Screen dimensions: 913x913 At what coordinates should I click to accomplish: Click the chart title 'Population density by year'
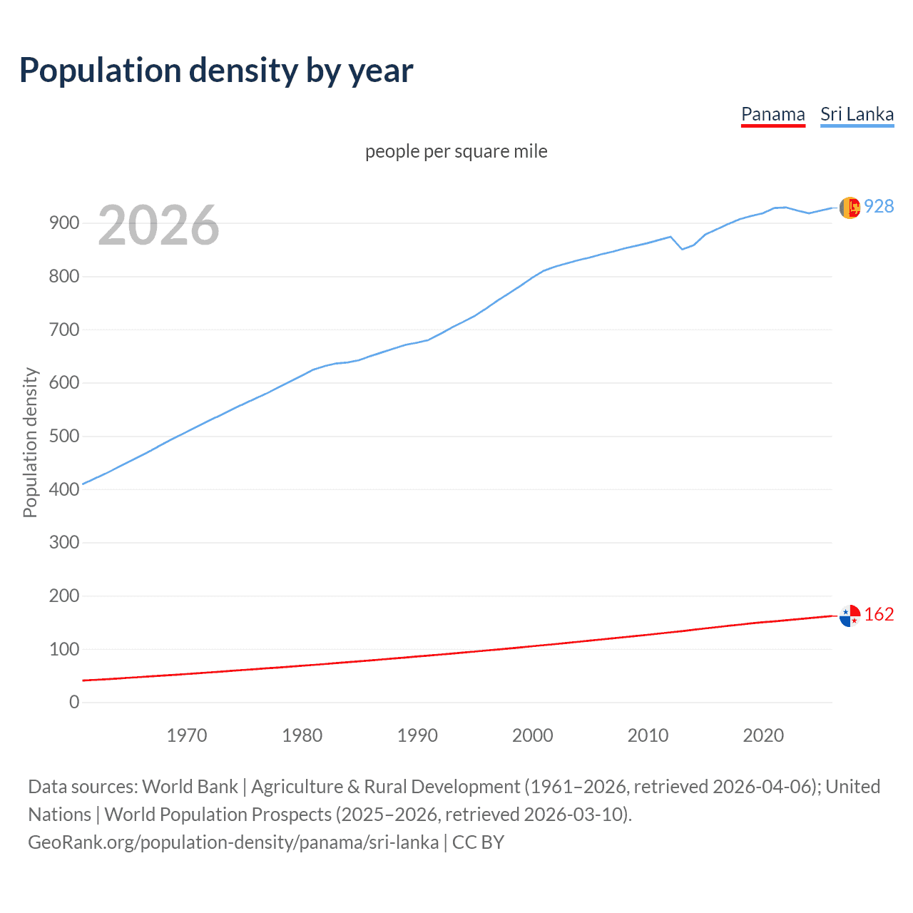tap(216, 70)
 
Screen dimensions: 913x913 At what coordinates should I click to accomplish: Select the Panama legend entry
tap(772, 114)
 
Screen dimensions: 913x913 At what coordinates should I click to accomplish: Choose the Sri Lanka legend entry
tap(857, 114)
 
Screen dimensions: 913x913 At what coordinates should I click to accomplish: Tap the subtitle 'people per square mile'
tap(456, 151)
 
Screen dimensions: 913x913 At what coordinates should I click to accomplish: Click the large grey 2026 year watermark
tap(158, 225)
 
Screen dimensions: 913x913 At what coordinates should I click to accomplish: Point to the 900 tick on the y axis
tap(64, 223)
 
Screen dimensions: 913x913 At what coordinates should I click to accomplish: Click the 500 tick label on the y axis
tap(64, 436)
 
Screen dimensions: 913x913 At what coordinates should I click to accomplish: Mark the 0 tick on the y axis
tap(74, 702)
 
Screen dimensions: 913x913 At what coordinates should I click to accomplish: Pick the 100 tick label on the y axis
tap(64, 649)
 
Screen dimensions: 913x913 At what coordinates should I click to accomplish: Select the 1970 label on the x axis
tap(187, 735)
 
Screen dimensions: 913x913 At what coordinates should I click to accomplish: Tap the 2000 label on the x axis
tap(532, 735)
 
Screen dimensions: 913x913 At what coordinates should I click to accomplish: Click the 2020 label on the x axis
tap(763, 735)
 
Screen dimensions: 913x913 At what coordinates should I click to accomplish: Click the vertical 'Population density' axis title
tap(30, 442)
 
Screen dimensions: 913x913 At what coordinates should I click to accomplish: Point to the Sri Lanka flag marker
tap(850, 208)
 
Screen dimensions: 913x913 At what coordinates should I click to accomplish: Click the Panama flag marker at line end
tap(850, 616)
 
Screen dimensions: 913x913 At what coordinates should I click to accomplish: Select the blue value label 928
tap(879, 206)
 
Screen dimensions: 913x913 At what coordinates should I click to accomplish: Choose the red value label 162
tap(879, 614)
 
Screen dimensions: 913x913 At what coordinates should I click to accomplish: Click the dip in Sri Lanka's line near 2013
tap(682, 249)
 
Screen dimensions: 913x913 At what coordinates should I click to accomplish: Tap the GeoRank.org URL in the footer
tap(233, 842)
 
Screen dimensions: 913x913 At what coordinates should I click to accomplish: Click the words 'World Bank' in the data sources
tap(190, 786)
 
